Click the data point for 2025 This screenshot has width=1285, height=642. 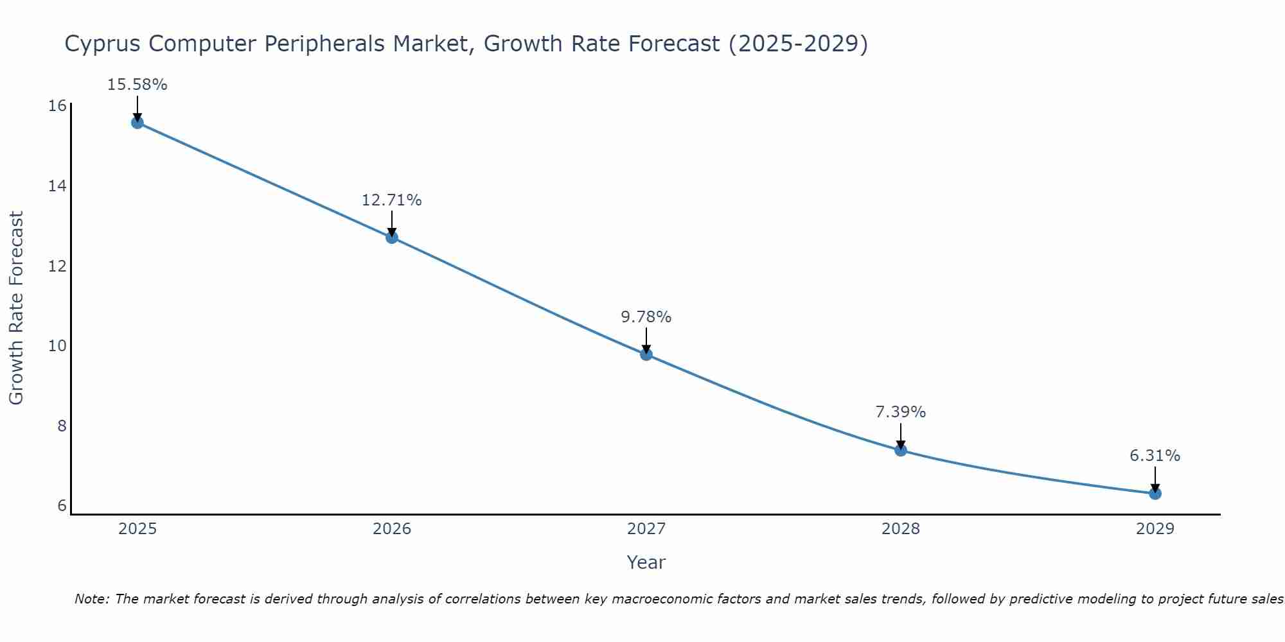(x=137, y=123)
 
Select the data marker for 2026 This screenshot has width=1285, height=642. (x=392, y=238)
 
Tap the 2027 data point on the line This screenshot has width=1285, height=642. (x=646, y=354)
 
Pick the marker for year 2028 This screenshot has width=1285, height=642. (x=901, y=450)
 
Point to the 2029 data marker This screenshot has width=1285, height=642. (x=1155, y=494)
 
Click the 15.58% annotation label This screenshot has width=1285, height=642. (x=137, y=85)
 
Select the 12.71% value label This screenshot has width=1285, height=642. (x=392, y=200)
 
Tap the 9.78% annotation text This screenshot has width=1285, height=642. (x=646, y=317)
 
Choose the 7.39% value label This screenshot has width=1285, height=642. (x=901, y=412)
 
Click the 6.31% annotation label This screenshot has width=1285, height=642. (x=1155, y=456)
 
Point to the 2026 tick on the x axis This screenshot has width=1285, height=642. (x=392, y=529)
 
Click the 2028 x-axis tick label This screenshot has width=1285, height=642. (x=901, y=529)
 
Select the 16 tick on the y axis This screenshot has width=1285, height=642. (x=58, y=105)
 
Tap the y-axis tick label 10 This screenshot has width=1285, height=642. (x=58, y=346)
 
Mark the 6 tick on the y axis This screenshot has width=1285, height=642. (x=62, y=506)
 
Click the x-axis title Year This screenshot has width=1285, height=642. (x=646, y=562)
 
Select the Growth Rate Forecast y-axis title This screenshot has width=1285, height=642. (x=17, y=308)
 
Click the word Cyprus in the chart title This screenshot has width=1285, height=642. (x=103, y=44)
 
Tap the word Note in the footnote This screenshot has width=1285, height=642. (x=91, y=600)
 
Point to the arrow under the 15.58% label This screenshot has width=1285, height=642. (x=137, y=108)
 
